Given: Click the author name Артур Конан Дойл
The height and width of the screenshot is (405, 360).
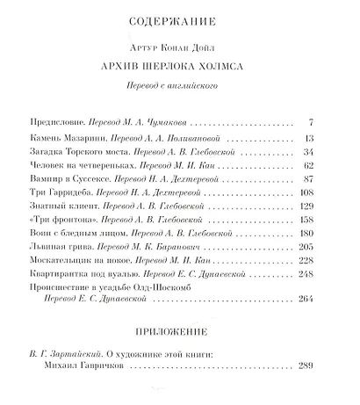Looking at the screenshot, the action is click(178, 47).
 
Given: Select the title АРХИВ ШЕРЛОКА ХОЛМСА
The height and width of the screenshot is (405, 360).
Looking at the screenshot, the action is click(178, 68).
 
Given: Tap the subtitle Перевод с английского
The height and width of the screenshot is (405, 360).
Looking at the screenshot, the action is click(178, 88).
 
